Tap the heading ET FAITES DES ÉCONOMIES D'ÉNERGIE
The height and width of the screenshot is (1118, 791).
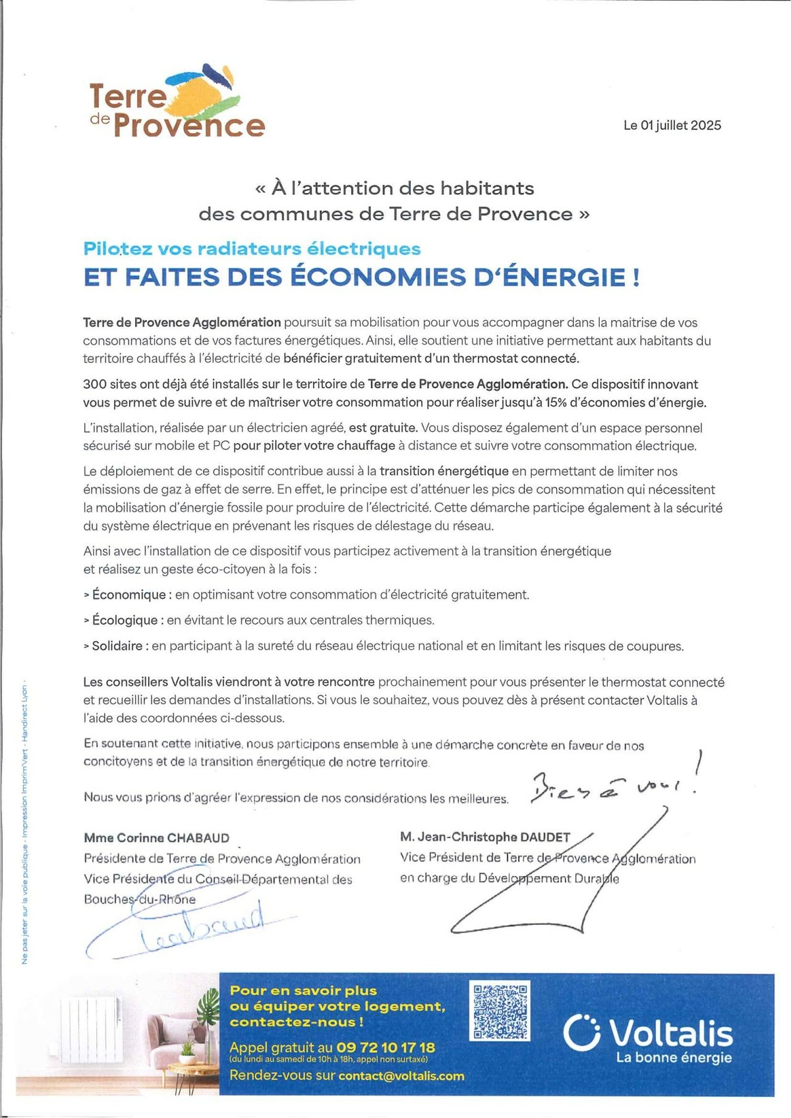[361, 277]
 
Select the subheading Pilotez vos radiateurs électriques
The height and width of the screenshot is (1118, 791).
[252, 249]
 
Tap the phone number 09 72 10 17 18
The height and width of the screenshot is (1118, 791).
[386, 1047]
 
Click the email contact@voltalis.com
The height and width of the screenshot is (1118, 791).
[401, 1076]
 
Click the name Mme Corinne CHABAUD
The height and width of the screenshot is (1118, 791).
[157, 838]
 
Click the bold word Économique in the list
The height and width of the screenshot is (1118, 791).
[129, 595]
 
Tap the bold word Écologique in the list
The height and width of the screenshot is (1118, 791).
[125, 621]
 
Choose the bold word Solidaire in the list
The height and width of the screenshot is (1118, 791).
[117, 646]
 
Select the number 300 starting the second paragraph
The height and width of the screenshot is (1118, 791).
[93, 384]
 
